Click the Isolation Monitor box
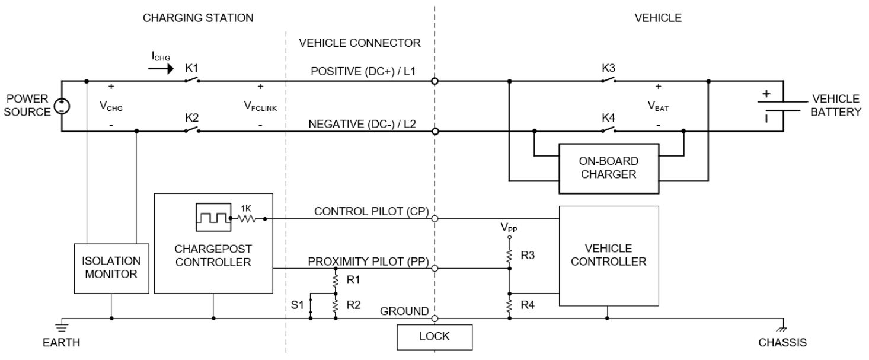click(111, 267)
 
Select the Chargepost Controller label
click(214, 256)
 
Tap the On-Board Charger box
click(609, 168)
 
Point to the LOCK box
click(435, 336)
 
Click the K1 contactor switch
click(191, 80)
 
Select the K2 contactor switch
click(191, 130)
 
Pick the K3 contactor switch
click(608, 80)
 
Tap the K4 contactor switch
click(608, 130)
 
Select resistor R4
click(509, 305)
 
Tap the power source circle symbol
click(61, 106)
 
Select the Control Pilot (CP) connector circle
click(435, 218)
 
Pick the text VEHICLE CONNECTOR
click(360, 43)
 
